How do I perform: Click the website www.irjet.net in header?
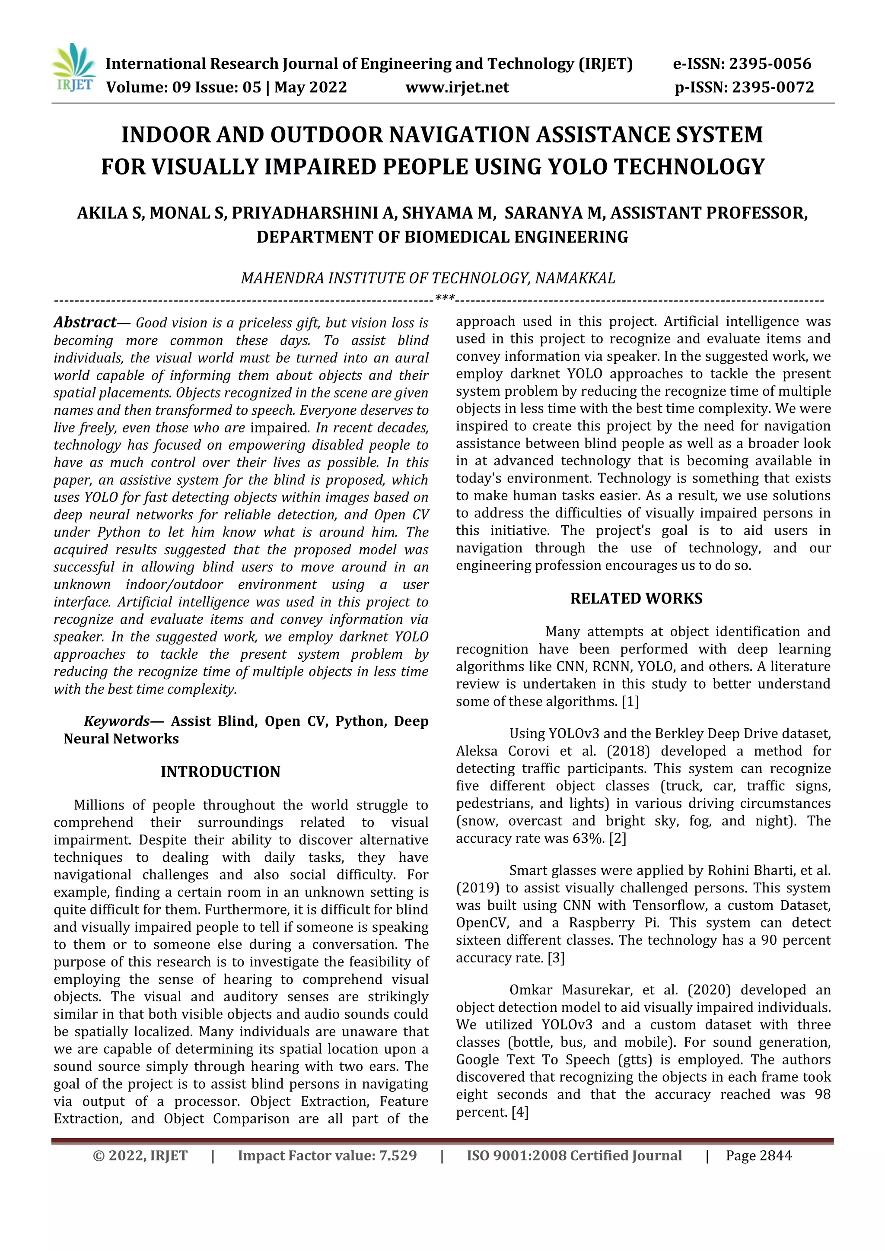click(x=457, y=88)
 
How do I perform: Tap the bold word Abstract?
click(x=85, y=323)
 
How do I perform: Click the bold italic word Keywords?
click(x=116, y=721)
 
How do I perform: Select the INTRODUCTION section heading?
click(x=220, y=772)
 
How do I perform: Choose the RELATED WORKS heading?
click(x=636, y=598)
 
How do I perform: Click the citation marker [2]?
click(x=618, y=838)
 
